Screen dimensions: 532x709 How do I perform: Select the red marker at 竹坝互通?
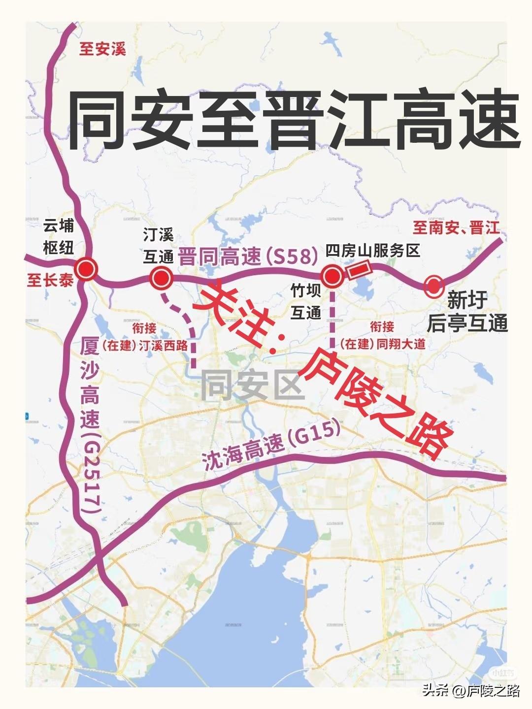pos(332,276)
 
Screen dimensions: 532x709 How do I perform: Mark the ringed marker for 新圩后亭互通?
pos(434,286)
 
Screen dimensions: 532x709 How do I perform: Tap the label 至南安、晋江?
pos(456,228)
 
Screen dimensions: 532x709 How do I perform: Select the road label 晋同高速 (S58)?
pos(248,257)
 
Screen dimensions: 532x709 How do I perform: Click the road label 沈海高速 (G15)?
pos(271,444)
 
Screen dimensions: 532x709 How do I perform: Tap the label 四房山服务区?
pos(372,251)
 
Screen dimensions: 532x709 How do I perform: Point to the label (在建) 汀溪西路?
pos(145,345)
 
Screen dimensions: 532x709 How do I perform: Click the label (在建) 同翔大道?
pos(383,344)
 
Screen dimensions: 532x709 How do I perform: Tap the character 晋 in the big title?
pos(293,121)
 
